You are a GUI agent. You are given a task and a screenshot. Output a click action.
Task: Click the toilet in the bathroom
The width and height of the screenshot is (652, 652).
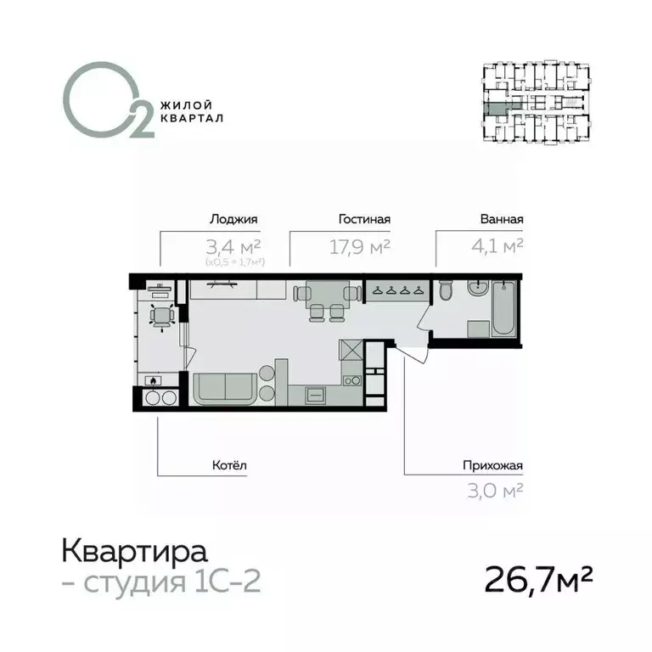(x=445, y=294)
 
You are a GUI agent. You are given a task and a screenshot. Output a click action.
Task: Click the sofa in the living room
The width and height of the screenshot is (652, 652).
(x=226, y=390)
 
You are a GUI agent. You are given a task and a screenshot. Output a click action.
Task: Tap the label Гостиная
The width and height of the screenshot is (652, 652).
(x=364, y=219)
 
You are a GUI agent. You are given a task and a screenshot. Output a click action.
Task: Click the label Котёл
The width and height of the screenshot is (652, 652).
(x=229, y=465)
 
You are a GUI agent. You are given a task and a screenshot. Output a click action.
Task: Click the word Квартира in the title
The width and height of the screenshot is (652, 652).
(x=134, y=552)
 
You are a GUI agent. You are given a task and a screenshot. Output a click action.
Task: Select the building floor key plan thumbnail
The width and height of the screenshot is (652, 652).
(x=535, y=104)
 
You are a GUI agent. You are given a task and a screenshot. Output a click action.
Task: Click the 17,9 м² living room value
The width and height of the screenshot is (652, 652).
(x=359, y=246)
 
